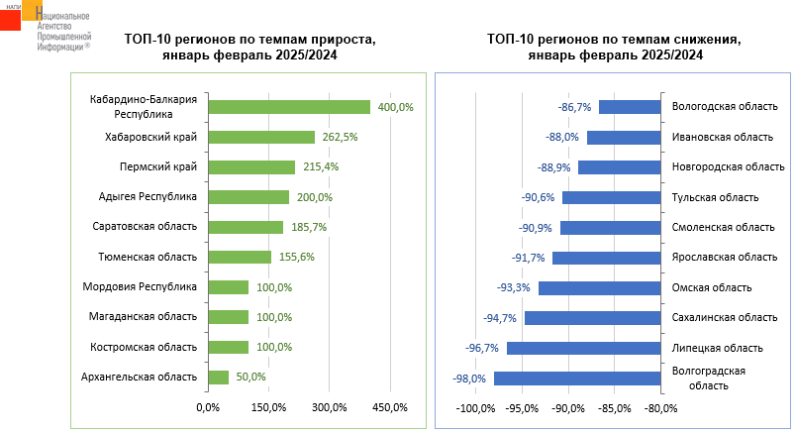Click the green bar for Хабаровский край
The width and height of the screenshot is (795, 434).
(261, 137)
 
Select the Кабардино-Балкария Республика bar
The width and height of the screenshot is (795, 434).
(289, 107)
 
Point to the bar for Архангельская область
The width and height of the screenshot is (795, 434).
(218, 377)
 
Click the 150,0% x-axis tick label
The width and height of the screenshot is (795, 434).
(268, 407)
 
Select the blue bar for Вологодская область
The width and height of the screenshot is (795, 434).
(630, 107)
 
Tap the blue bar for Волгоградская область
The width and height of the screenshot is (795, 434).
(576, 378)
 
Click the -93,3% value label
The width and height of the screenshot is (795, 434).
(514, 288)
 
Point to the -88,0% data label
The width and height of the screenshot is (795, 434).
(562, 137)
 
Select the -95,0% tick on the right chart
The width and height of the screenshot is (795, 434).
(522, 407)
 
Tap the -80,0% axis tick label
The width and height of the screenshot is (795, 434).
(660, 407)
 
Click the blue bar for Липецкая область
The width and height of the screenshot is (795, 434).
(583, 348)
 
